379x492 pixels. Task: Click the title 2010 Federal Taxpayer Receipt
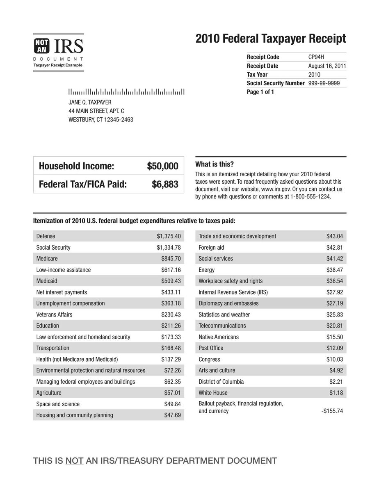(271, 39)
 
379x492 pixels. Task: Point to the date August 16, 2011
(327, 66)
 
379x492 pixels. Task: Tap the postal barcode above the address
(126, 92)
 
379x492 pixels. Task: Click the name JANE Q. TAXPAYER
(89, 102)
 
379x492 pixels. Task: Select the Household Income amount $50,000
(162, 166)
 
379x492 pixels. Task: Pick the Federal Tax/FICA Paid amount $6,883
(165, 185)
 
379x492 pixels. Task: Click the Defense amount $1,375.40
(169, 236)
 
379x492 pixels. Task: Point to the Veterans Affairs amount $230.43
(171, 314)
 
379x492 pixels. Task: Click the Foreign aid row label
(211, 247)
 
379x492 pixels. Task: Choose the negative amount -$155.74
(332, 411)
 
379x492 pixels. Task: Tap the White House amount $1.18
(336, 393)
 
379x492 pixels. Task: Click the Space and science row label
(58, 404)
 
